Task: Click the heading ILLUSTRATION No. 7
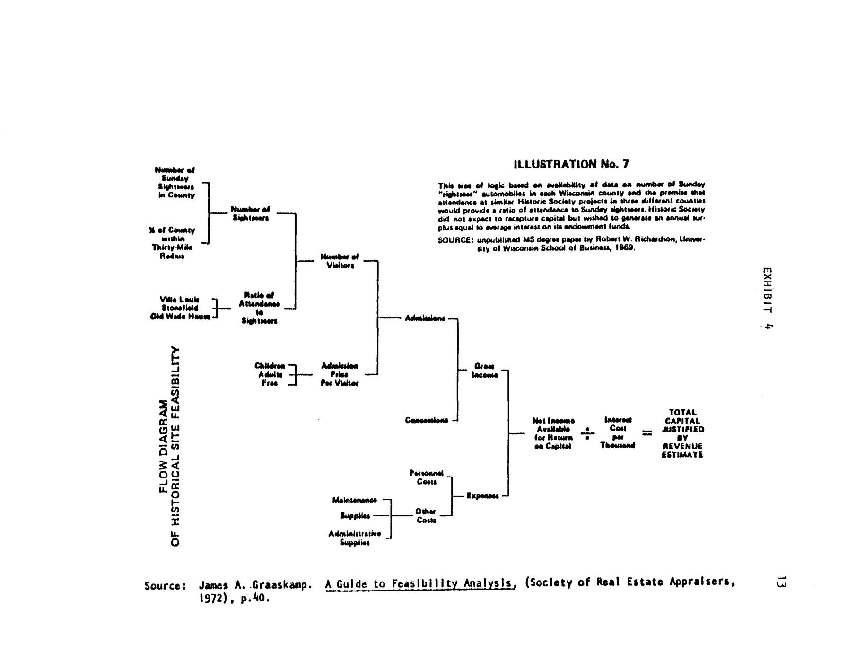tap(571, 164)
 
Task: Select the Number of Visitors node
tap(340, 261)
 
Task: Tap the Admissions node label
tap(425, 318)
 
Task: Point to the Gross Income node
tap(484, 371)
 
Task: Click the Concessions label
tap(426, 420)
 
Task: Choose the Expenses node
tap(482, 495)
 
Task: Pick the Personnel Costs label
tap(426, 477)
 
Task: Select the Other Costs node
tap(426, 516)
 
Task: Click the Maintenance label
tap(355, 500)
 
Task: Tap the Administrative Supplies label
tap(355, 538)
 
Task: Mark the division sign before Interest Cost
tap(587, 433)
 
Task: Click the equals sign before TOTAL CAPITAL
tap(646, 432)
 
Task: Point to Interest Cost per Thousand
tap(618, 432)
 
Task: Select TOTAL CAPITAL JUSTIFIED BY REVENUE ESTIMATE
tap(682, 433)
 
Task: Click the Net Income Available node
tap(553, 433)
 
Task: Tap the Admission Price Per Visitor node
tap(340, 374)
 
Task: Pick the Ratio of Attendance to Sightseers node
tap(259, 308)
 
